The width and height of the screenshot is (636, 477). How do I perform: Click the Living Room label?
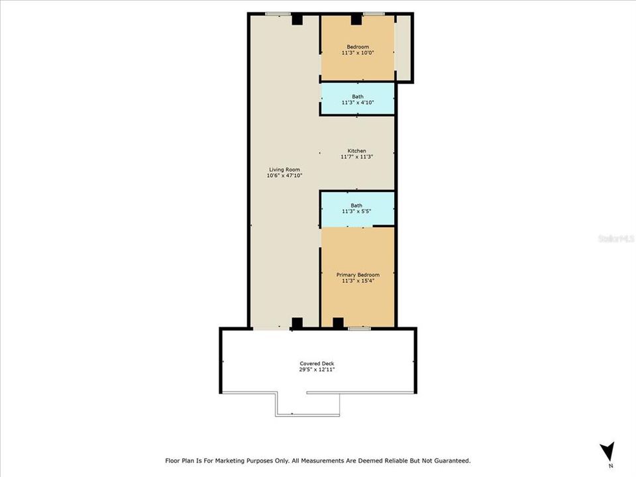tap(280, 170)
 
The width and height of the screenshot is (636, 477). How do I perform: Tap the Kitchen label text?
tap(357, 151)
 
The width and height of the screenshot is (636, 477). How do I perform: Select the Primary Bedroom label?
tap(358, 275)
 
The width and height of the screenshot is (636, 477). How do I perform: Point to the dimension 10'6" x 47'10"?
tap(280, 176)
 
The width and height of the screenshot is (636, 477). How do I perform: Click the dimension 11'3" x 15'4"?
tap(358, 281)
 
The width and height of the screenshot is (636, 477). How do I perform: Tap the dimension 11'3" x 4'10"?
tap(358, 103)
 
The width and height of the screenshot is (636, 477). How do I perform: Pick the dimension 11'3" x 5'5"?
tap(357, 211)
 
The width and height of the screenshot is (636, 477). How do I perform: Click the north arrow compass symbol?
tap(607, 452)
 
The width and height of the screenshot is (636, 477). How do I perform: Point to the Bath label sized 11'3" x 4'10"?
tap(358, 97)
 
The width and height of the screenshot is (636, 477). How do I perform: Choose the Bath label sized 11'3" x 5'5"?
tap(356, 205)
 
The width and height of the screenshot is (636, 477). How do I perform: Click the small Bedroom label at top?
tap(358, 46)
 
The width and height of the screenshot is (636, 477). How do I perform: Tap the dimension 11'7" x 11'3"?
tap(357, 157)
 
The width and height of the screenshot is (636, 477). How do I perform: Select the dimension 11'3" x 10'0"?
tap(358, 52)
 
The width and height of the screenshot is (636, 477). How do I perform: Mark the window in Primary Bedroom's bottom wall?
tap(360, 328)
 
